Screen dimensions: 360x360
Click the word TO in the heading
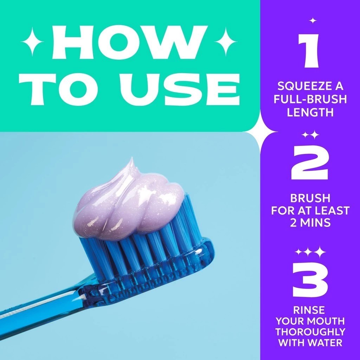[68, 89]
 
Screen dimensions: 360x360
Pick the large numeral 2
[310, 163]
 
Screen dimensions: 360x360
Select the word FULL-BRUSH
[310, 99]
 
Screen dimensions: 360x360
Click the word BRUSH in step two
[310, 198]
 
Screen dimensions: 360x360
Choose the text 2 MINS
[310, 223]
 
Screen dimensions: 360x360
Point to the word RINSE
[309, 310]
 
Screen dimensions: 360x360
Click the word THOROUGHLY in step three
[310, 332]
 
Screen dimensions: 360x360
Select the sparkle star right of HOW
[225, 42]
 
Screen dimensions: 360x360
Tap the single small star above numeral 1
[313, 21]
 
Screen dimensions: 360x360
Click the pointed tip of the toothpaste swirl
[132, 157]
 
